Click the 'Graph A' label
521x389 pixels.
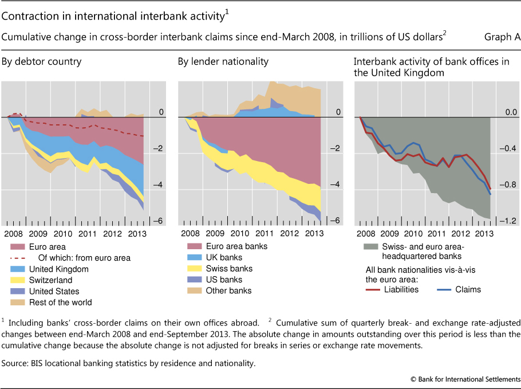pyautogui.click(x=502, y=37)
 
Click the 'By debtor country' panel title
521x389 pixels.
pyautogui.click(x=41, y=62)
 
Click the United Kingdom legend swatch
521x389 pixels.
pyautogui.click(x=19, y=269)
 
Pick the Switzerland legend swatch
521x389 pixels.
pyautogui.click(x=19, y=280)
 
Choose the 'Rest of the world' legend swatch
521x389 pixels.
pyautogui.click(x=19, y=302)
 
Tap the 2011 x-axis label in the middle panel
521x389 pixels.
pyautogui.click(x=263, y=234)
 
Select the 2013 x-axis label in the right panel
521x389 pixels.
pyautogui.click(x=484, y=234)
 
